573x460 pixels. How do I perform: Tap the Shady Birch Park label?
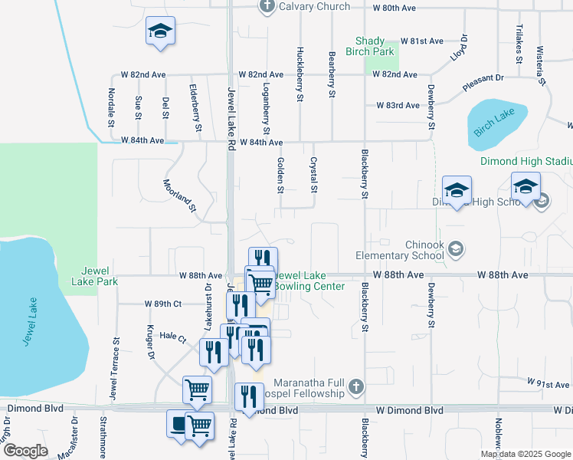tap(375, 46)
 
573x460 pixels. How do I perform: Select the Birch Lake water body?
tap(496, 122)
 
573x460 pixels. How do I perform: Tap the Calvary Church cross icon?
tap(267, 7)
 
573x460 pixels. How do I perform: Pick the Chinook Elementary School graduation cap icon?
tap(456, 248)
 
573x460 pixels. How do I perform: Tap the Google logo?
tap(26, 450)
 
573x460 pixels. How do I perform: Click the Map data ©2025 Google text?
tap(525, 454)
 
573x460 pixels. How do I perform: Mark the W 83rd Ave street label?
tap(398, 106)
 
